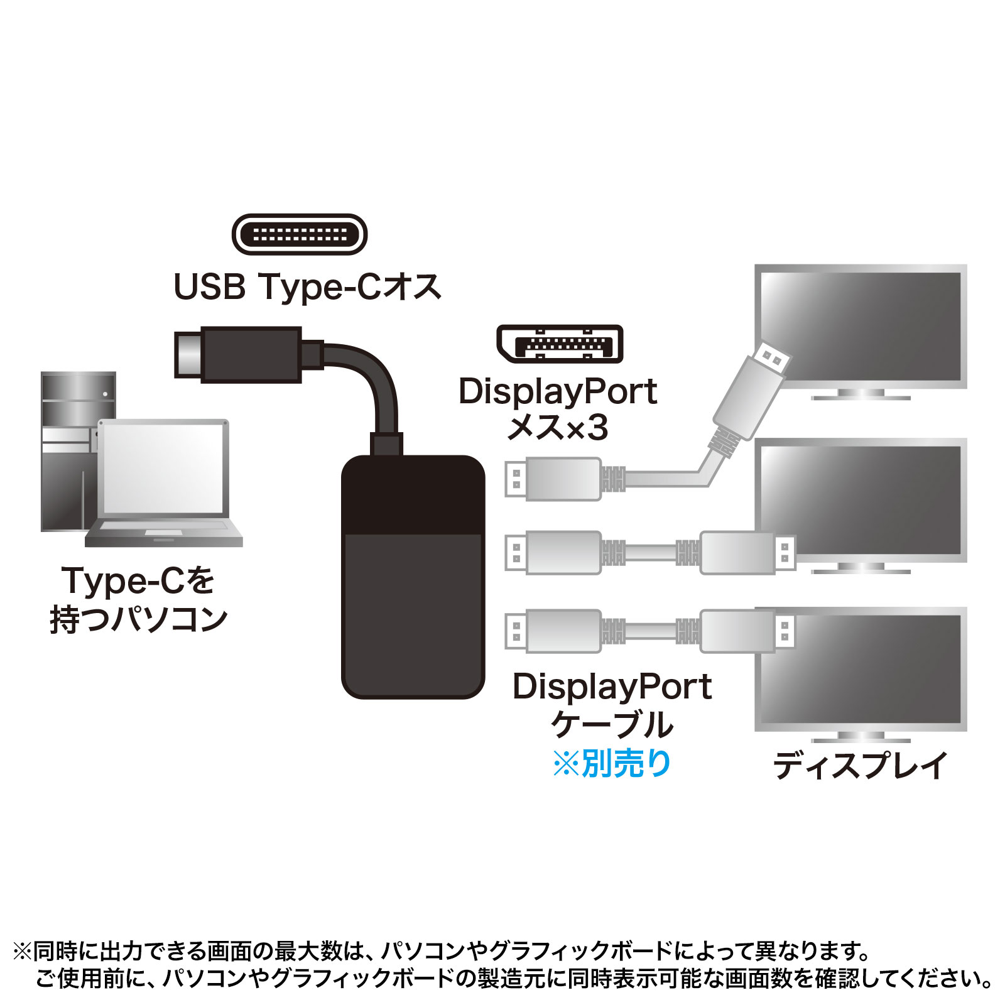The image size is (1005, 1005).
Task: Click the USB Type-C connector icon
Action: point(300,234)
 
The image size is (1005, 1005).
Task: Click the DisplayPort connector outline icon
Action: point(560,344)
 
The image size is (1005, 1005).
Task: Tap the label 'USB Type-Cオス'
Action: point(307,287)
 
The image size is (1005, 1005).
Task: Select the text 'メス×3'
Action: point(557,428)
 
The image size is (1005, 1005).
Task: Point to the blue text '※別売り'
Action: point(612,764)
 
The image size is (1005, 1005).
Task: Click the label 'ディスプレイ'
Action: point(860,766)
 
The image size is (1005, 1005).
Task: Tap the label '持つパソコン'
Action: point(139,619)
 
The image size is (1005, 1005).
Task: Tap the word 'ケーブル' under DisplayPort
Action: point(612,724)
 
